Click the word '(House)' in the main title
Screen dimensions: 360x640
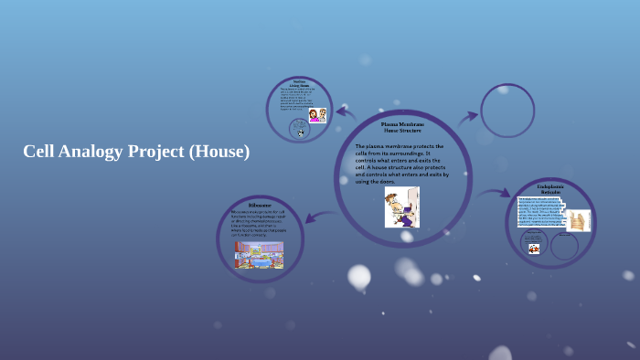tap(219, 152)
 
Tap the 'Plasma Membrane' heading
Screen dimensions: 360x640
tap(401, 124)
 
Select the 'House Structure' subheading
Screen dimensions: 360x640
tap(401, 131)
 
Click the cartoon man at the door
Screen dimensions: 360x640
tap(401, 206)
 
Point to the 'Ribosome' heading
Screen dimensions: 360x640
tap(260, 206)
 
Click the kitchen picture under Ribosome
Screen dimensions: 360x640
tap(259, 254)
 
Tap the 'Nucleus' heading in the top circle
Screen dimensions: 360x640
tap(299, 82)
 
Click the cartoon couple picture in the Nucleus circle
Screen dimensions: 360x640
tap(316, 115)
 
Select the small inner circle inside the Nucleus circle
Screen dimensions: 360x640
tap(299, 129)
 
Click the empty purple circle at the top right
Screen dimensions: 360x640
tap(507, 111)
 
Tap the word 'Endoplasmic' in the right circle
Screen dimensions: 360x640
tap(549, 186)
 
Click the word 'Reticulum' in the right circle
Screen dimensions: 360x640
tap(549, 193)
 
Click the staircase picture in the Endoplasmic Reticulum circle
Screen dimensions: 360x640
tap(578, 221)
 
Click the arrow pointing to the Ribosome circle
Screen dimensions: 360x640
tap(313, 216)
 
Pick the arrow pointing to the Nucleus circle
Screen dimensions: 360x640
tap(345, 113)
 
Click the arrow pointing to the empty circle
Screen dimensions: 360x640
tap(467, 117)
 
